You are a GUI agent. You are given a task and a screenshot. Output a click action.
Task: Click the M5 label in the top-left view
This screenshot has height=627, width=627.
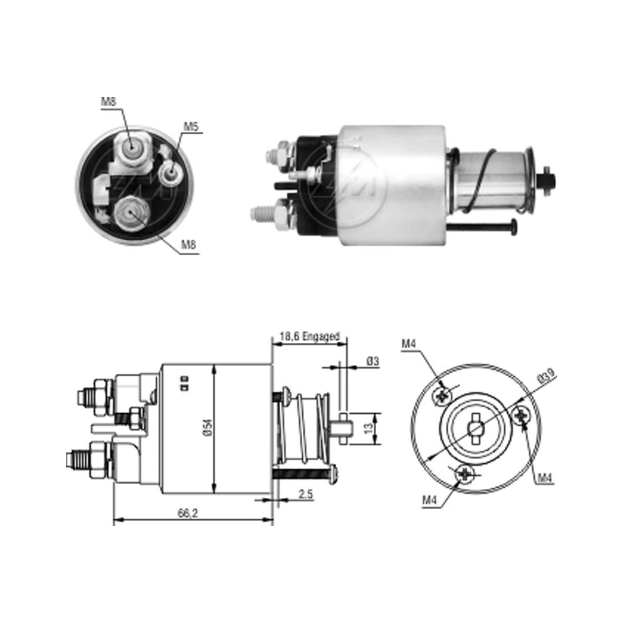[191, 127]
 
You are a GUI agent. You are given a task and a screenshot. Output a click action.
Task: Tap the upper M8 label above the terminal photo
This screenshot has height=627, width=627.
[108, 102]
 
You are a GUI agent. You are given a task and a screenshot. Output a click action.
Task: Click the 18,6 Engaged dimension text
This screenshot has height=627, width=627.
[310, 336]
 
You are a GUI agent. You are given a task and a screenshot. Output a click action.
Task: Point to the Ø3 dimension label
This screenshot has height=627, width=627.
[372, 361]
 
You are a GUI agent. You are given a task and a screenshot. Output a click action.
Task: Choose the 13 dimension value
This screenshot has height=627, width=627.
[369, 428]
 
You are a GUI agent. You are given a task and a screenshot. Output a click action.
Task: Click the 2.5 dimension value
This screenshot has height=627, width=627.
[305, 494]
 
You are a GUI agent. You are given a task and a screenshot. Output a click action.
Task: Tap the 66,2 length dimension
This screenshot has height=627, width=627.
[188, 514]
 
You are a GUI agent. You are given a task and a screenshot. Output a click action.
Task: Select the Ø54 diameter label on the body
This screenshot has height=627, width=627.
[208, 428]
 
